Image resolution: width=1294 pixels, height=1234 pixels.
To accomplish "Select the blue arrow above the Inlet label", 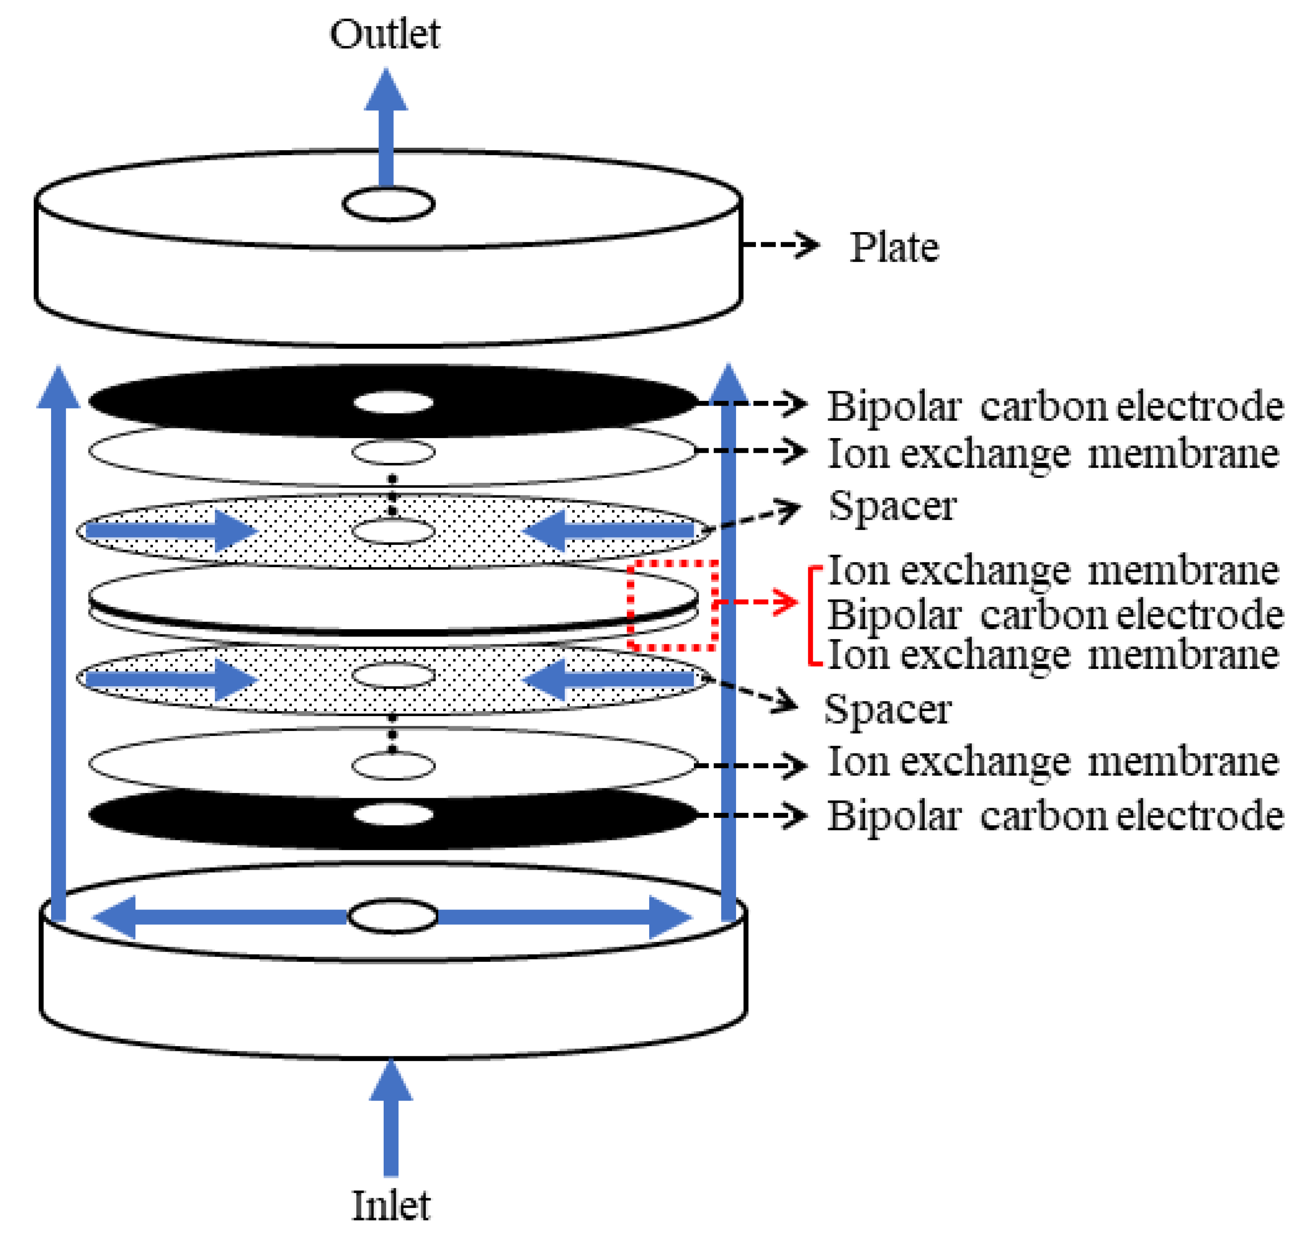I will (391, 1118).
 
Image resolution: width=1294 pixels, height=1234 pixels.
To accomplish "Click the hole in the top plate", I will (388, 204).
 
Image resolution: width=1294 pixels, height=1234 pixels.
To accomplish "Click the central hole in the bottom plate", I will (392, 916).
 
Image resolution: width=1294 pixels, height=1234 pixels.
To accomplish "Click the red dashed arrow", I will (757, 601).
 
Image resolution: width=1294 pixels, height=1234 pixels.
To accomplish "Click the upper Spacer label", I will (892, 506).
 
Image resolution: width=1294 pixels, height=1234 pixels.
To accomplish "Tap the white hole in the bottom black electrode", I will (393, 815).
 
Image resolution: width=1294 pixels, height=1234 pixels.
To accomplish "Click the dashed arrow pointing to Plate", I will (780, 245).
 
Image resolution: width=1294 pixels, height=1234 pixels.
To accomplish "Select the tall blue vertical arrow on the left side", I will (59, 644).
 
